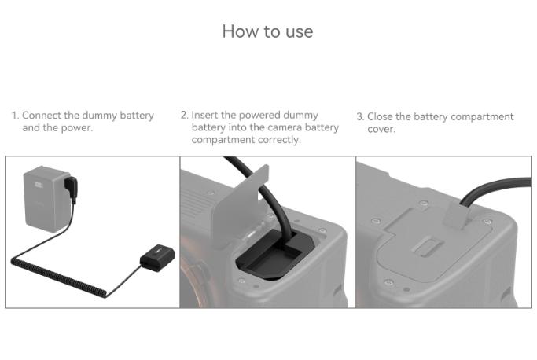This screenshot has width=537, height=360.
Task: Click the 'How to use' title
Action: pos(267,31)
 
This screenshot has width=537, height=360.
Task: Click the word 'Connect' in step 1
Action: pos(42,116)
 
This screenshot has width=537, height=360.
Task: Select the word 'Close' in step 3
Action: pos(381,116)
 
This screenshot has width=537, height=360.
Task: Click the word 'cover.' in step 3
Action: pos(381,129)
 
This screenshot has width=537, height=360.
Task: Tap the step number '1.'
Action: pos(15,116)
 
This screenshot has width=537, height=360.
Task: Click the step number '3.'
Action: pos(360,117)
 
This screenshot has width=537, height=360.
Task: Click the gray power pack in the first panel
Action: pos(46,199)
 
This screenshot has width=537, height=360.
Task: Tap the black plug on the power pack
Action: pos(72,188)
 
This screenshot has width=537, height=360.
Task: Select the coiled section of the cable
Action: pos(58,277)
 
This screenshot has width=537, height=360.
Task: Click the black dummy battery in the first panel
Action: pos(157,257)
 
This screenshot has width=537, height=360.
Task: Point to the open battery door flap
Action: pos(239,205)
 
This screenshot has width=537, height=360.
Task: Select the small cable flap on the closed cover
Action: pos(458,215)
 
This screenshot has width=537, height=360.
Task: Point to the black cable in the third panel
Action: pos(495,190)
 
